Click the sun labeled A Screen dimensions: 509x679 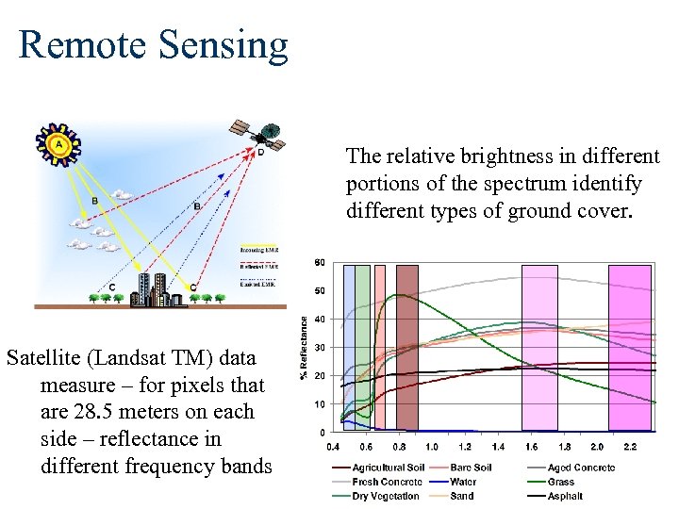(59, 144)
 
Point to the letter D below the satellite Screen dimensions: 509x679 (261, 152)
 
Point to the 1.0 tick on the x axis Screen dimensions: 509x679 (431, 446)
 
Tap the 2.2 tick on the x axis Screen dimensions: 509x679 (630, 446)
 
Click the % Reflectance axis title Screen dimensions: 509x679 (305, 347)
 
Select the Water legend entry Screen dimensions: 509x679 (462, 482)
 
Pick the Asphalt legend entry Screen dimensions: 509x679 (565, 496)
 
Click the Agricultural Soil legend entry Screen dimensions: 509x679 (387, 468)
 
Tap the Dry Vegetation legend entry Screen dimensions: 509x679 (386, 496)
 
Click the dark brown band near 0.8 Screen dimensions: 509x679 (406, 347)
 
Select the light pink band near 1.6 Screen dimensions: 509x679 (539, 347)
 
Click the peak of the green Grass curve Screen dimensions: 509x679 (403, 295)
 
